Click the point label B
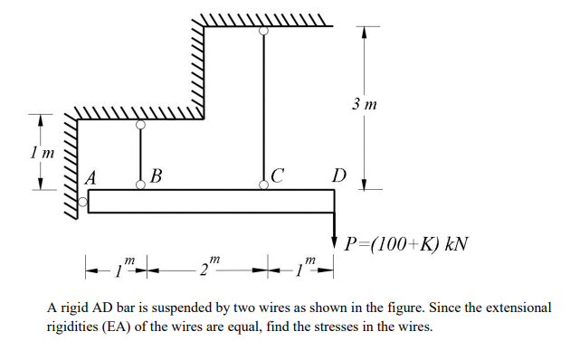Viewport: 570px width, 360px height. (157, 175)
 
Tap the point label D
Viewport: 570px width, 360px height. (338, 175)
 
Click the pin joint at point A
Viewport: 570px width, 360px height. (83, 203)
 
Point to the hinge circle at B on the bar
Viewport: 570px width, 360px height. (140, 185)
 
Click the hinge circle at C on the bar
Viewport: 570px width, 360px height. (263, 185)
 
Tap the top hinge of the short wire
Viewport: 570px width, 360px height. (140, 127)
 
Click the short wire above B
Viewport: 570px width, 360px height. (140, 156)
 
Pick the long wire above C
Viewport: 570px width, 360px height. (263, 109)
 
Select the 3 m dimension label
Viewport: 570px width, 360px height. (365, 106)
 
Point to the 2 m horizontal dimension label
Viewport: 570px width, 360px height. (210, 268)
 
